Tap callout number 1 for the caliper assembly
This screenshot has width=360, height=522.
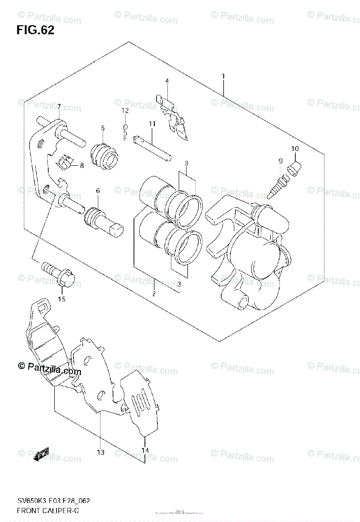[223, 76]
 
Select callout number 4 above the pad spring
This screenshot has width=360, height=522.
[167, 81]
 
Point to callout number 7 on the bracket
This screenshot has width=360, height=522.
[59, 107]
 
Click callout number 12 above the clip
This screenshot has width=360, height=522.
[125, 111]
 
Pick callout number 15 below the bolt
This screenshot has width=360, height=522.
[62, 299]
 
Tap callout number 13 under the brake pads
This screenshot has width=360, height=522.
[100, 452]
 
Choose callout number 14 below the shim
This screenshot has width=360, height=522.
[145, 451]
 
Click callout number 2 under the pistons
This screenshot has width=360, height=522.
[153, 294]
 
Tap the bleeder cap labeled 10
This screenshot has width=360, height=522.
[294, 166]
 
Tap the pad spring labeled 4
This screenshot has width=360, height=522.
[174, 117]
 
